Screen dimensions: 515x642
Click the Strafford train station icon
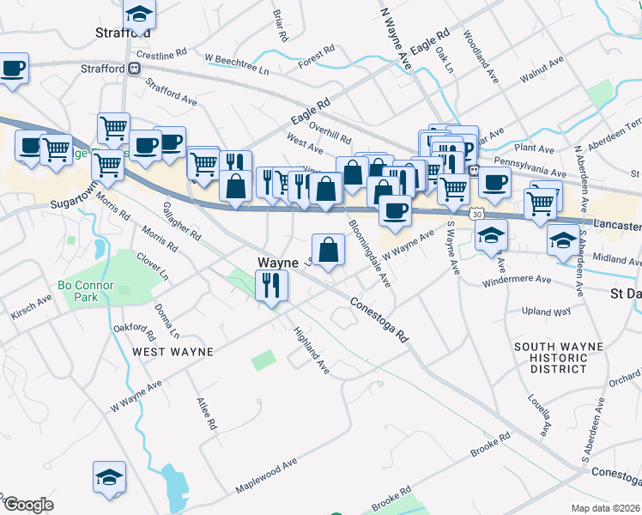point(135,69)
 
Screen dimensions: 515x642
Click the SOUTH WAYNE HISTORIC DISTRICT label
point(559,358)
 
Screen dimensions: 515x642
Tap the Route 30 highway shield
point(474,212)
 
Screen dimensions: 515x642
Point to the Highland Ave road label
point(312,350)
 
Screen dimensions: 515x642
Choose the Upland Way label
point(546,311)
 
